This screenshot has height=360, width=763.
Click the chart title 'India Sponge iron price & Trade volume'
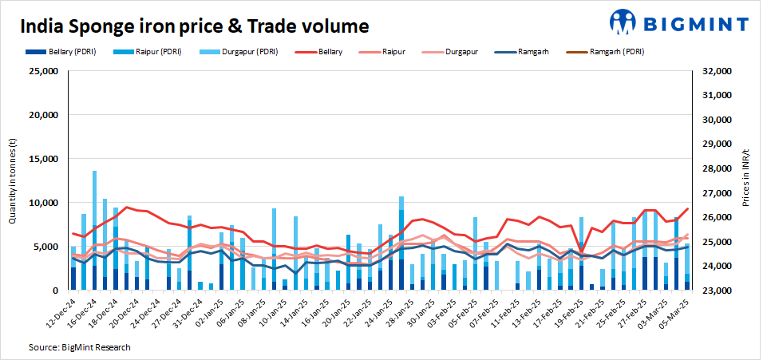pyautogui.click(x=194, y=26)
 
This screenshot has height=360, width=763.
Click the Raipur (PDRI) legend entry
pyautogui.click(x=155, y=52)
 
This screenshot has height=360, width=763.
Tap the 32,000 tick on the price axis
pyautogui.click(x=716, y=71)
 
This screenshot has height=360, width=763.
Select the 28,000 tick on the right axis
pyautogui.click(x=716, y=169)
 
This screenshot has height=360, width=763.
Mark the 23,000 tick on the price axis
pyautogui.click(x=716, y=291)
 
